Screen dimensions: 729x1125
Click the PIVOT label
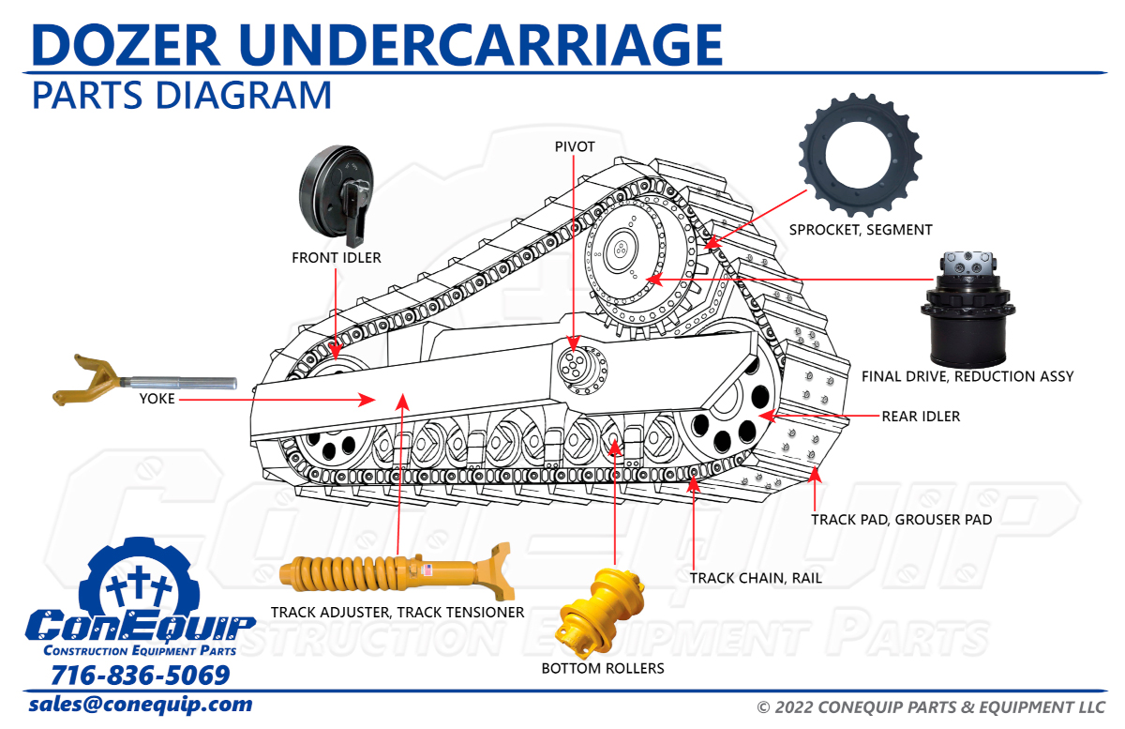coord(575,146)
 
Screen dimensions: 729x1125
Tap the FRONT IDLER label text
coord(337,257)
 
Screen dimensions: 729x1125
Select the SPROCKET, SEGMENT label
coord(861,229)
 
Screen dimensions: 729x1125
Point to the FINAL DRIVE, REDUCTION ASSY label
coord(967,376)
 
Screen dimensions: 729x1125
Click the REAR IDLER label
coord(921,416)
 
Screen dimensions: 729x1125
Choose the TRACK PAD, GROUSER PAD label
coord(901,519)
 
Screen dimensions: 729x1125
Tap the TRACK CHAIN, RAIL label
coord(756,578)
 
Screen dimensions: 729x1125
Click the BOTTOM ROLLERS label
coord(603,668)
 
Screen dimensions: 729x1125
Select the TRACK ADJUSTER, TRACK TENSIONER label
coord(397,613)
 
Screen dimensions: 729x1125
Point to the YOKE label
coord(157,399)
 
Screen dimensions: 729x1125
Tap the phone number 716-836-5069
coord(141,676)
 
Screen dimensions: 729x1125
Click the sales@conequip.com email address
coord(141,705)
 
